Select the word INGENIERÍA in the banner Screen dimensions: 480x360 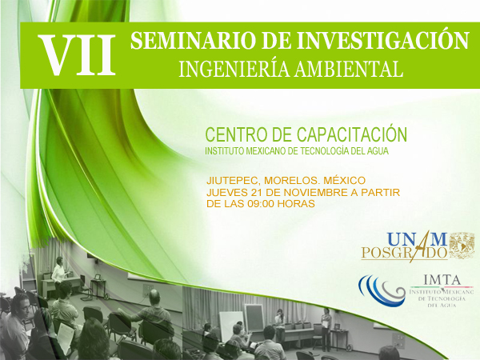[234, 68]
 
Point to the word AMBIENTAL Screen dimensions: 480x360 [348, 69]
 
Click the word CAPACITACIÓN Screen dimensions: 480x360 [352, 134]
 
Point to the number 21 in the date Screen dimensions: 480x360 [257, 193]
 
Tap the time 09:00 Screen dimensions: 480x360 [260, 203]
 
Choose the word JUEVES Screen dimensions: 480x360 [227, 193]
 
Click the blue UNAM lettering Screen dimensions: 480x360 [417, 239]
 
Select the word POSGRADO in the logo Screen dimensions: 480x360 [404, 253]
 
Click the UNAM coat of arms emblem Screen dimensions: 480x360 [462, 245]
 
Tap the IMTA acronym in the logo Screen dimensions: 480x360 [442, 279]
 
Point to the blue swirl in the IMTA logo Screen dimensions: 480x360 [382, 290]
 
